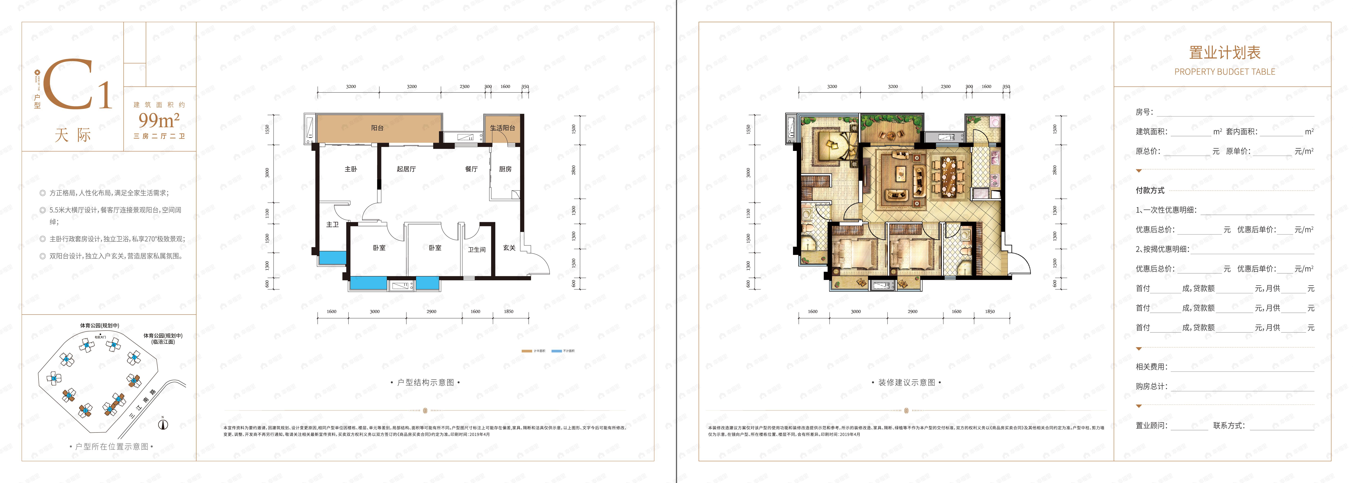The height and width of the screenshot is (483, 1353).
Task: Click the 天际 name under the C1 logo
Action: click(x=73, y=135)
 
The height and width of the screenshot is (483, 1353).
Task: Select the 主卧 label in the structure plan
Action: click(x=351, y=169)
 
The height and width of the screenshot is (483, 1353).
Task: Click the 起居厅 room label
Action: click(x=406, y=169)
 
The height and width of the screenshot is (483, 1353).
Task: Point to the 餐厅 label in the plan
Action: click(x=471, y=169)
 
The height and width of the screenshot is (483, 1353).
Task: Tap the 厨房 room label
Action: click(x=505, y=169)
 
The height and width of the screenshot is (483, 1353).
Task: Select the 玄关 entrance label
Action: click(x=509, y=248)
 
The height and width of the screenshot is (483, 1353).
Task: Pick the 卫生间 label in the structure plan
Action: click(x=476, y=250)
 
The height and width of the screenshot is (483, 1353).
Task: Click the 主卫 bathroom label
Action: click(x=333, y=224)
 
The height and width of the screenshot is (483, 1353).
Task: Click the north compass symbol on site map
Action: click(x=163, y=424)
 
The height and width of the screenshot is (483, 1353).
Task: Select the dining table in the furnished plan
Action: click(x=947, y=176)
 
